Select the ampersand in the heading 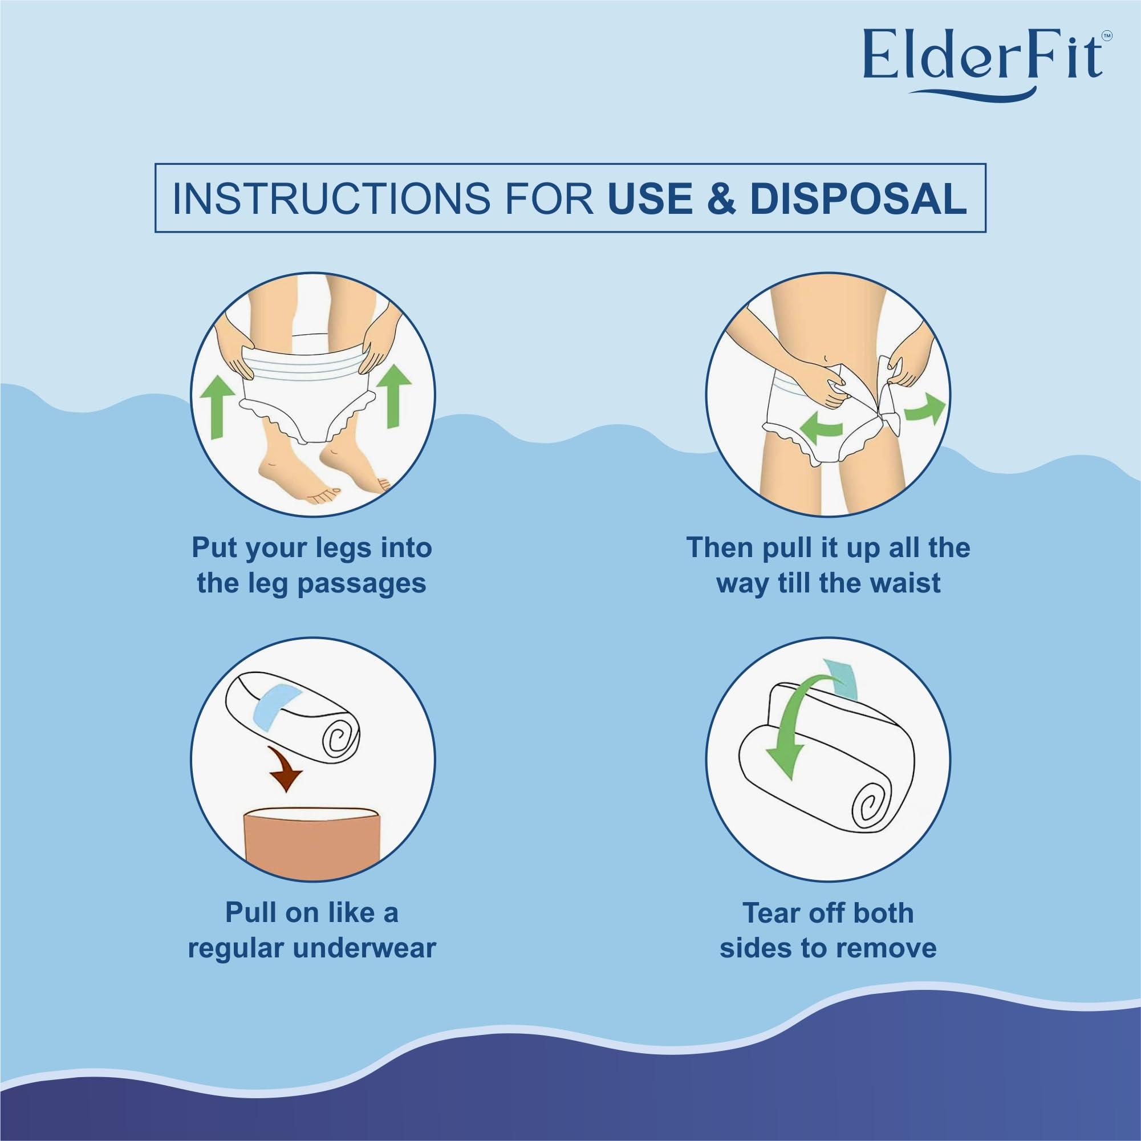(721, 198)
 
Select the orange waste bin (310, 844)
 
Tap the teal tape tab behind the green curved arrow (843, 680)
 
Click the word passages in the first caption (361, 583)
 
